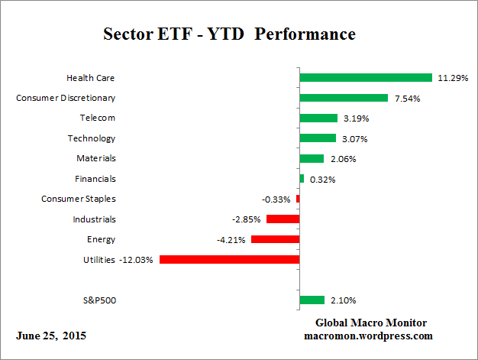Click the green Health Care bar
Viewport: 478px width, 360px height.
(366, 77)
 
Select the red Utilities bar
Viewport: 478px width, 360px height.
(229, 259)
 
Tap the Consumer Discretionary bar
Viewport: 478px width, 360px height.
(344, 98)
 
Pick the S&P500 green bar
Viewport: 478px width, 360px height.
(312, 300)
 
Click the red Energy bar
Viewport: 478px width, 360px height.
(275, 239)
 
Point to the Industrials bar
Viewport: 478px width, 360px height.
(283, 219)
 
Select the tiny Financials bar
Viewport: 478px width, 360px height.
(302, 179)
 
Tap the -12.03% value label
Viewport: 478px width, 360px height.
(136, 260)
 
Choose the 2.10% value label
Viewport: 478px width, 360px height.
(341, 300)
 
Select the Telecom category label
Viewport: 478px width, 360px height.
(98, 118)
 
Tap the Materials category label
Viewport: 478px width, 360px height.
(96, 158)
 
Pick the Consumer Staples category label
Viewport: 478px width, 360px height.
(78, 199)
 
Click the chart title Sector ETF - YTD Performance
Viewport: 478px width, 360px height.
(229, 35)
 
